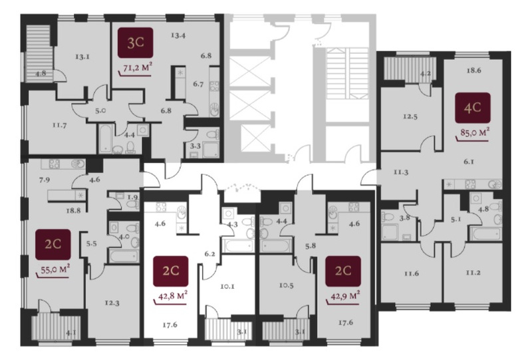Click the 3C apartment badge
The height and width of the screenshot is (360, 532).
(136, 43)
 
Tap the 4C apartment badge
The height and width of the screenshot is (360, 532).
(473, 108)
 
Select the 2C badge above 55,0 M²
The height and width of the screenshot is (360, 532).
(53, 244)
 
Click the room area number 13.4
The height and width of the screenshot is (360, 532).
(178, 35)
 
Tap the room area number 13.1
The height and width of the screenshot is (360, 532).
(82, 57)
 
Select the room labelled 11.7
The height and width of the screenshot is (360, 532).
(60, 125)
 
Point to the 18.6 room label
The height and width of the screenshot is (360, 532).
(473, 71)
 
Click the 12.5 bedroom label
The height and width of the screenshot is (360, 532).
(410, 116)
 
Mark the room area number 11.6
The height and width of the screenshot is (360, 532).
(412, 273)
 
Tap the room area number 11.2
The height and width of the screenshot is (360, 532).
(473, 272)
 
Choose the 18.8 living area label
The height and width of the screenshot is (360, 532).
(74, 210)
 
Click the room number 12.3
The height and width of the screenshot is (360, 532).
(112, 303)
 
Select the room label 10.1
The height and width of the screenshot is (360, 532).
(227, 286)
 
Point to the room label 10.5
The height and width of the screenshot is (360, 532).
(287, 285)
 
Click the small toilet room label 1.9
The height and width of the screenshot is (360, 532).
(132, 198)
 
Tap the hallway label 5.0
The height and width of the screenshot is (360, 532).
(100, 110)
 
